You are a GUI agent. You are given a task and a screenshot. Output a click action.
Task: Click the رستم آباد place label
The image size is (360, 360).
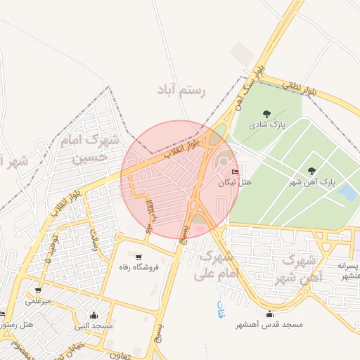pyautogui.click(x=184, y=92)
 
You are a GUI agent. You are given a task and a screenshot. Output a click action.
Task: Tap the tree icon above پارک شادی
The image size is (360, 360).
pyautogui.click(x=266, y=113)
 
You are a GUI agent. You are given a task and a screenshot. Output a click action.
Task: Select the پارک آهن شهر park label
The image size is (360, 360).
pyautogui.click(x=313, y=182)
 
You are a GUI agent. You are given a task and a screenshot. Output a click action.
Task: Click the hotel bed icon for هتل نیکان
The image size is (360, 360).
pyautogui.click(x=235, y=171)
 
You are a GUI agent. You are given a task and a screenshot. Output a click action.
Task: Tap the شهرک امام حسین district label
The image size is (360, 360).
pyautogui.click(x=92, y=150)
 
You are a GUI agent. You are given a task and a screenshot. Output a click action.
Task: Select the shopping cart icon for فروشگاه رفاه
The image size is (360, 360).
pyautogui.click(x=139, y=257)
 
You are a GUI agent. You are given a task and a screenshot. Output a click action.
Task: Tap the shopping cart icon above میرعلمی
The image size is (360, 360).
pyautogui.click(x=37, y=290)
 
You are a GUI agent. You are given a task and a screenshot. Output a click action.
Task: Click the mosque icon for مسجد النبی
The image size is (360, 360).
pyautogui.click(x=94, y=315)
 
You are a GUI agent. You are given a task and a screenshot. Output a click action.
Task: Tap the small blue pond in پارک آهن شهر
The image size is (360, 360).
pyautogui.click(x=346, y=192)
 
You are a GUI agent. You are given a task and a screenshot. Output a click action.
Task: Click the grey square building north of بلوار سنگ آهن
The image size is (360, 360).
pyautogui.click(x=243, y=51)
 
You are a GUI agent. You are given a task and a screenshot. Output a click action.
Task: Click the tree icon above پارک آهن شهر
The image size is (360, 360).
pyautogui.click(x=311, y=171)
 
